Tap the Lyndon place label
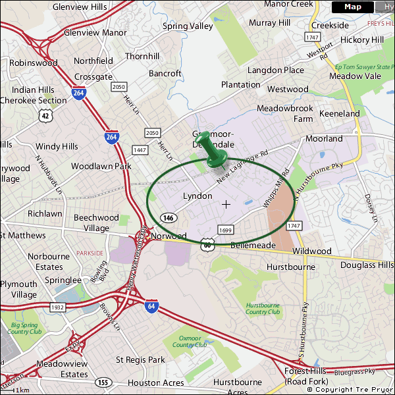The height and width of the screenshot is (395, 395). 197,196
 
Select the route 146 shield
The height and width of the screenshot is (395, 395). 169,218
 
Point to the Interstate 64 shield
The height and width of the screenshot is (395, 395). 152,306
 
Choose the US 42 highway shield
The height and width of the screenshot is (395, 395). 45,115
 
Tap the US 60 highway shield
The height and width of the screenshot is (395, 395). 208,244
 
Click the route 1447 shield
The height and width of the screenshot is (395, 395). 140,150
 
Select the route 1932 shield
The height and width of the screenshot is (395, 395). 57,307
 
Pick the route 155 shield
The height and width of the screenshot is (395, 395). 103,382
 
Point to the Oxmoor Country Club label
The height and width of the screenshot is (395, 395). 190,340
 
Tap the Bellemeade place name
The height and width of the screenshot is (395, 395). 253,245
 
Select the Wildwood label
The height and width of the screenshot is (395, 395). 312,251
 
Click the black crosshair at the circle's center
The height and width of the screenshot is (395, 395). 226,205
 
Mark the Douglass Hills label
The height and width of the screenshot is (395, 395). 367,265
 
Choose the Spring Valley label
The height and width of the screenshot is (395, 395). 188,26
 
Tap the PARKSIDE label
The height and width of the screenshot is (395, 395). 90,253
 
